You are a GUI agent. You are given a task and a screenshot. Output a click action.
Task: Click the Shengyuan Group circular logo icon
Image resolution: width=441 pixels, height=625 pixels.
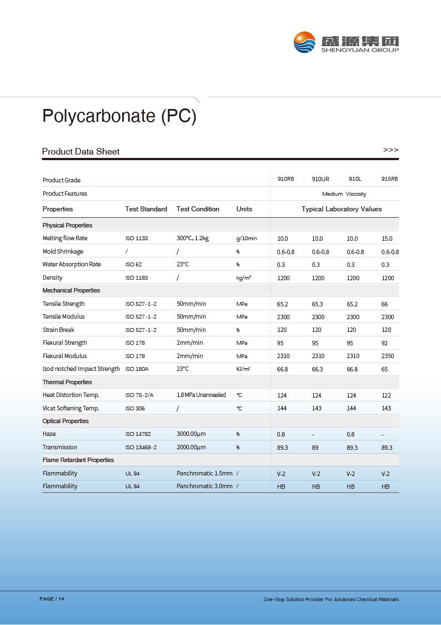pyautogui.click(x=305, y=42)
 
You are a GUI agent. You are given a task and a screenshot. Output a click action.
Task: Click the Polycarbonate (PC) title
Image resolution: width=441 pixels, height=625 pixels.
pyautogui.click(x=119, y=116)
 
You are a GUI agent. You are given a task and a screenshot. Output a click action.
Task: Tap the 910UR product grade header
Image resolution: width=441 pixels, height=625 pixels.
pyautogui.click(x=320, y=179)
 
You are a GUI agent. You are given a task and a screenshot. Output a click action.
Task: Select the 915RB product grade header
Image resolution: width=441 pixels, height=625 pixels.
pyautogui.click(x=389, y=179)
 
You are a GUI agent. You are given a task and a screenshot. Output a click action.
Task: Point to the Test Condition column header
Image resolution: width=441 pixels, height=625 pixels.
pyautogui.click(x=198, y=209)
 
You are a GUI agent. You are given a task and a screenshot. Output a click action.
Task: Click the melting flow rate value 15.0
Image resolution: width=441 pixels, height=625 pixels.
pyautogui.click(x=387, y=239)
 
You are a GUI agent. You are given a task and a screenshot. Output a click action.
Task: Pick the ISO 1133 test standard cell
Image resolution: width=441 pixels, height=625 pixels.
pyautogui.click(x=137, y=239)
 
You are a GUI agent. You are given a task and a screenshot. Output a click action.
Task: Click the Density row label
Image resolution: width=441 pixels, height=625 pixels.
pyautogui.click(x=53, y=277)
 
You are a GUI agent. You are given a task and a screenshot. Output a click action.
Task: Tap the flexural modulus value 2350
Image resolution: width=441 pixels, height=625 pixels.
pyautogui.click(x=388, y=356)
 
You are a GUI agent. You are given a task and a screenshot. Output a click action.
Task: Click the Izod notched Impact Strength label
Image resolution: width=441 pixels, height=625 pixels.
pyautogui.click(x=81, y=369)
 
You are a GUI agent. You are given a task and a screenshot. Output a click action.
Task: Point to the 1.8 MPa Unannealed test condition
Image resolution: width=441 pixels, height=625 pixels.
pyautogui.click(x=201, y=395)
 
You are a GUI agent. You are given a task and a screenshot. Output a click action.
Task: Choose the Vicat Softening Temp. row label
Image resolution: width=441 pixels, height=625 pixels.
pyautogui.click(x=71, y=408)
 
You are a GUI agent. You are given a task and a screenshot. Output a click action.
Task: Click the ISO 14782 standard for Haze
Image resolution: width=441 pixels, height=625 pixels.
pyautogui.click(x=138, y=434)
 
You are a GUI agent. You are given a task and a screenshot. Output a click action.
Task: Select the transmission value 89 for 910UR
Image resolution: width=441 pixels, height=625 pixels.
pyautogui.click(x=315, y=448)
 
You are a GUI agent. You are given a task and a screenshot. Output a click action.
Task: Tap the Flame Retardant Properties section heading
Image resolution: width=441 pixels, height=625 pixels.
pyautogui.click(x=78, y=460)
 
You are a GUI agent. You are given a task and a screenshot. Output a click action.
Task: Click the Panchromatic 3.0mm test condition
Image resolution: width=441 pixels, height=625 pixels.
pyautogui.click(x=204, y=486)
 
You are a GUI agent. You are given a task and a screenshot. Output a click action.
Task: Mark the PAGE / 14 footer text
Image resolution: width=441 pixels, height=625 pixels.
pyautogui.click(x=52, y=599)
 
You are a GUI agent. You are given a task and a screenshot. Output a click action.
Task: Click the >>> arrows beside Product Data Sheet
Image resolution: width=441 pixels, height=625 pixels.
pyautogui.click(x=390, y=150)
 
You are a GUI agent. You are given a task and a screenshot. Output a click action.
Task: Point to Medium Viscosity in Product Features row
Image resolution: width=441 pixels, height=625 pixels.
pyautogui.click(x=344, y=194)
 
